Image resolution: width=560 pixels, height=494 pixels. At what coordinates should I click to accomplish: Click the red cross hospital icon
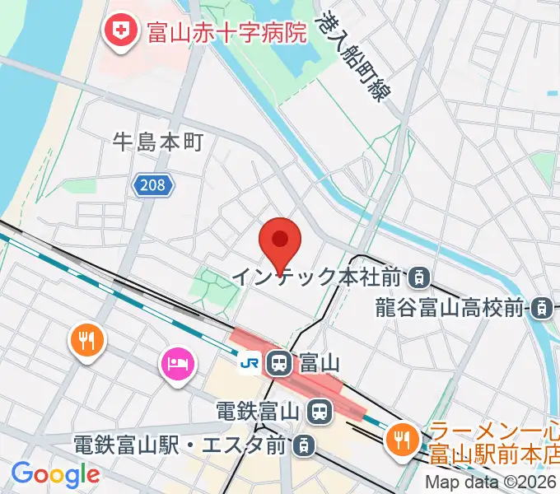pyautogui.click(x=121, y=31)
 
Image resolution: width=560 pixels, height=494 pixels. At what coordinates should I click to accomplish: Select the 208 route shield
pyautogui.click(x=154, y=186)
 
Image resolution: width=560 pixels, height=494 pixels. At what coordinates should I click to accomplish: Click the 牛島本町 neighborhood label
pyautogui.click(x=158, y=142)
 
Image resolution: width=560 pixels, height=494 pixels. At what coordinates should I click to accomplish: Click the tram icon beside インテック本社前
pyautogui.click(x=419, y=277)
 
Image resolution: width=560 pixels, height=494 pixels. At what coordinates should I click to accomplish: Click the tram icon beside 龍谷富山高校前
pyautogui.click(x=542, y=308)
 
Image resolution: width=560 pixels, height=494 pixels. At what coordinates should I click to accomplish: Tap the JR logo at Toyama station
pyautogui.click(x=249, y=362)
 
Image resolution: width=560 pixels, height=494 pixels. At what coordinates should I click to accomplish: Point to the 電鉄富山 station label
pyautogui.click(x=259, y=408)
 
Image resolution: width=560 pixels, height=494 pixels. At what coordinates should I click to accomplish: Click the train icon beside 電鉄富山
pyautogui.click(x=320, y=408)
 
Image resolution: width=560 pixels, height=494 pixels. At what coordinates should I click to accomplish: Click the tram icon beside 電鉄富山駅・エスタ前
pyautogui.click(x=304, y=445)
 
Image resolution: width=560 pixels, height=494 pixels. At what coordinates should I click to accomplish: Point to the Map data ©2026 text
pyautogui.click(x=491, y=482)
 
